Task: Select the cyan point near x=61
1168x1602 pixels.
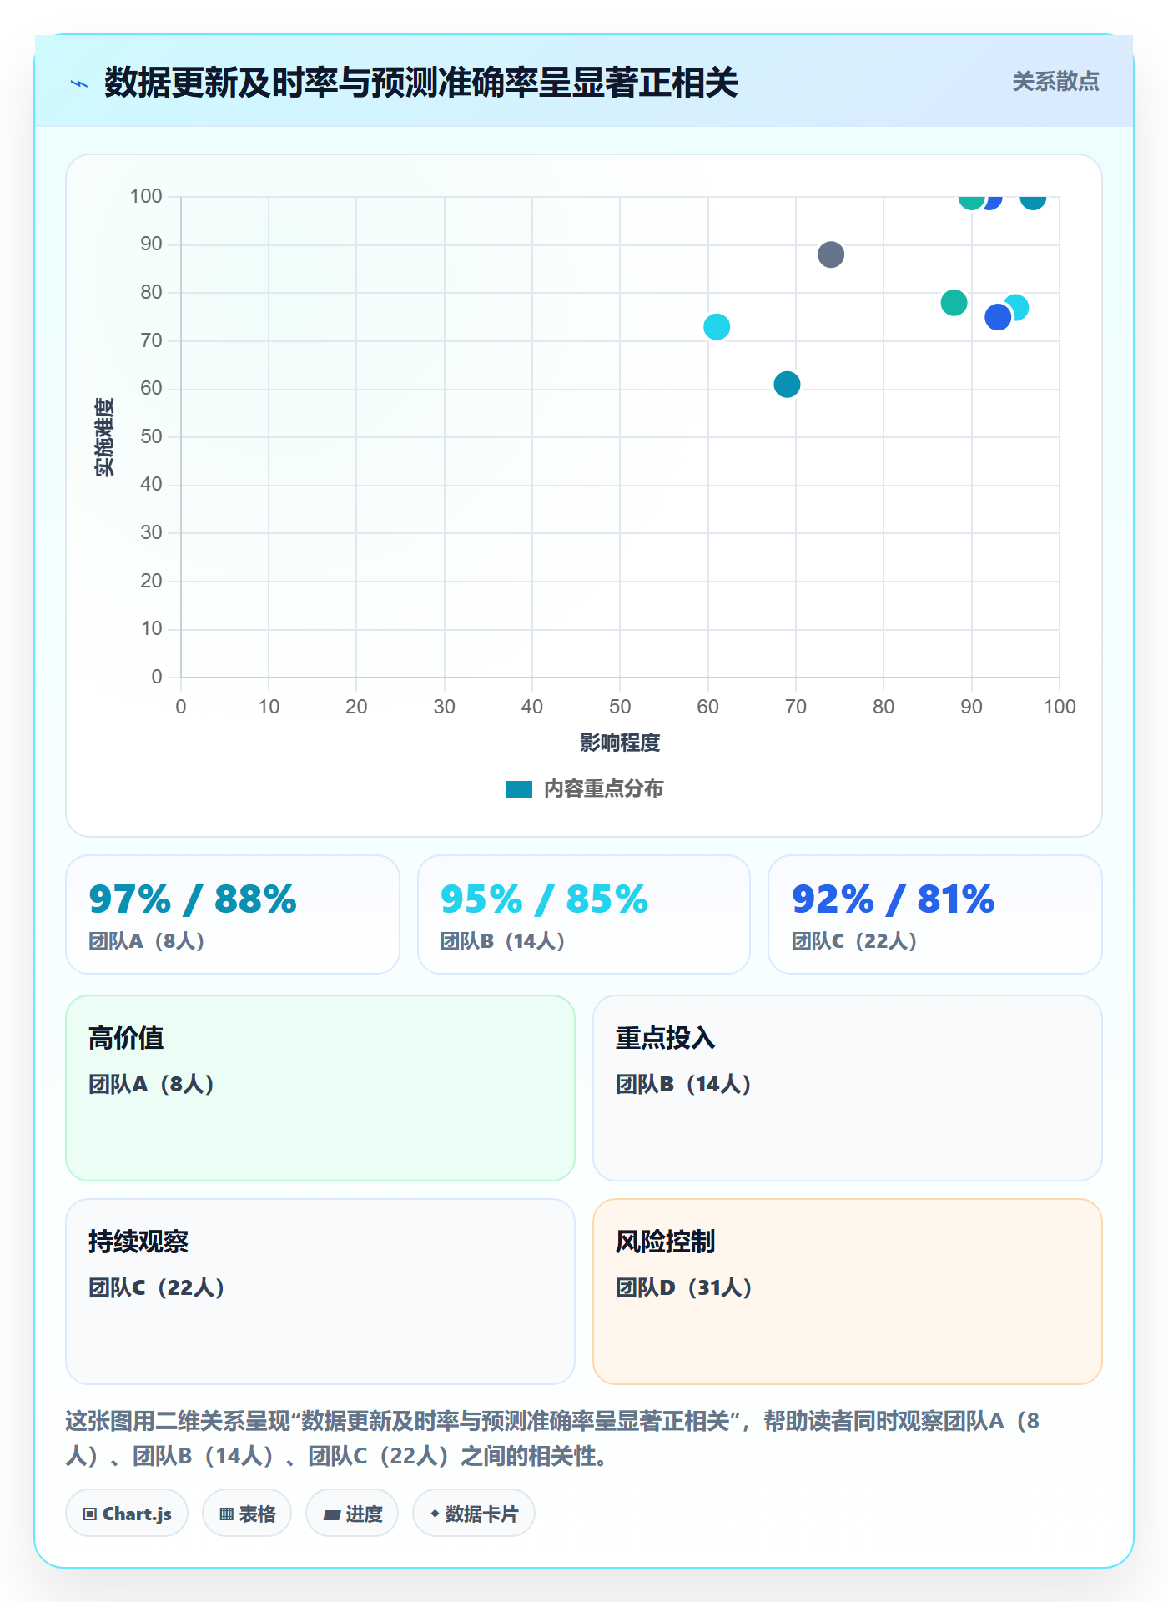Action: pos(717,327)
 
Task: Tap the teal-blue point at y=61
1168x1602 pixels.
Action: pos(787,385)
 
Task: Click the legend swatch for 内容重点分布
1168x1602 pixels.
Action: pos(519,789)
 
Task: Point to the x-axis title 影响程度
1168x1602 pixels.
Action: pos(620,743)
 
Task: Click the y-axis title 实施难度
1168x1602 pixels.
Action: pos(104,437)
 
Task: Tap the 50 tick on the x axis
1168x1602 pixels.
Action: pos(620,707)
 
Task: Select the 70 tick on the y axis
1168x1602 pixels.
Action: pos(151,340)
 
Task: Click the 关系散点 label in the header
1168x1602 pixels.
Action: pos(1055,81)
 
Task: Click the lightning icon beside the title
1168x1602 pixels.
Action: pos(79,83)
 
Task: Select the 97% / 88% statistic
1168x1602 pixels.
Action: pos(193,899)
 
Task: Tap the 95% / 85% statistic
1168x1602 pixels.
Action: pos(544,899)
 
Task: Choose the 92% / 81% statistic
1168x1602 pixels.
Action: pos(893,899)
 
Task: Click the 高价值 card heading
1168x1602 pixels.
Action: pos(126,1038)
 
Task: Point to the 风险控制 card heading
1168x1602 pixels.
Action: pos(665,1242)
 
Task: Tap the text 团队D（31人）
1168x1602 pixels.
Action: pos(684,1287)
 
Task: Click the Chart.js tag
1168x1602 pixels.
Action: pos(127,1514)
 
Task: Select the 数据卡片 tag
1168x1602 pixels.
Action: pos(473,1514)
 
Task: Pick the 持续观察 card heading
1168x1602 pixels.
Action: pos(138,1242)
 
